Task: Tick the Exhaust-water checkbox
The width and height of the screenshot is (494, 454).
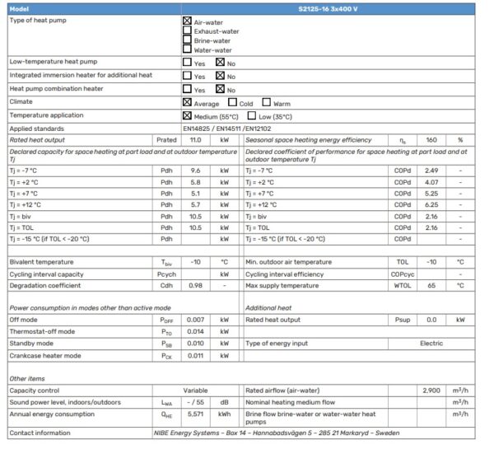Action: pyautogui.click(x=187, y=30)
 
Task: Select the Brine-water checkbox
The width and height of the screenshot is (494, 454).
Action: pyautogui.click(x=187, y=40)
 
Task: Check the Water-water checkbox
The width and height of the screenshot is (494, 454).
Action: pyautogui.click(x=187, y=49)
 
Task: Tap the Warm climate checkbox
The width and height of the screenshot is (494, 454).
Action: pyautogui.click(x=266, y=103)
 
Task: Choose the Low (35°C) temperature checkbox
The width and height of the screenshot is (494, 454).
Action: pyautogui.click(x=252, y=116)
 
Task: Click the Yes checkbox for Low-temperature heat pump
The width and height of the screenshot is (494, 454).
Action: pyautogui.click(x=187, y=62)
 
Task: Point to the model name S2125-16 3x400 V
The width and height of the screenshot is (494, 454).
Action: pyautogui.click(x=357, y=8)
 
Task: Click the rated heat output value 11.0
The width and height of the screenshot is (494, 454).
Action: pyautogui.click(x=196, y=141)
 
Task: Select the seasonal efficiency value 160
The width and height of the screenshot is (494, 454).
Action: pyautogui.click(x=431, y=141)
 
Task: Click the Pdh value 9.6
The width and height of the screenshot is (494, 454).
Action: pyautogui.click(x=196, y=170)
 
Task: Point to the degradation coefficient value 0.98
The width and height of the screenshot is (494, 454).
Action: pyautogui.click(x=196, y=285)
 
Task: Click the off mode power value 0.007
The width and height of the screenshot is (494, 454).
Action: pyautogui.click(x=196, y=319)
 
